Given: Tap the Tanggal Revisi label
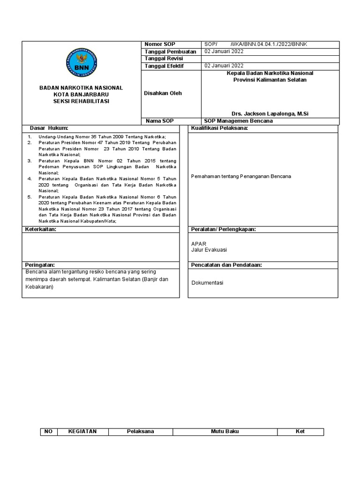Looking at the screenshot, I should pyautogui.click(x=164, y=59).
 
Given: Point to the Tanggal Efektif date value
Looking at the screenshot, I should pyautogui.click(x=224, y=66).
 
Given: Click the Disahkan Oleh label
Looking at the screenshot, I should pyautogui.click(x=163, y=93).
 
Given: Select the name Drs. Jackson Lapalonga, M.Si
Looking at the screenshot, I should pyautogui.click(x=270, y=114).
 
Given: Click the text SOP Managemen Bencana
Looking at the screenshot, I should pyautogui.click(x=239, y=121).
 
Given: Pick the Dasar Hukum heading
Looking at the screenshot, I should pyautogui.click(x=49, y=128).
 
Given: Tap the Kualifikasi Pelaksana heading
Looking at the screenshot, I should pyautogui.click(x=219, y=128).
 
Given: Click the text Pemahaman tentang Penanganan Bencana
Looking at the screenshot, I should pyautogui.click(x=241, y=176).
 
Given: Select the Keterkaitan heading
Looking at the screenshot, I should pyautogui.click(x=40, y=229).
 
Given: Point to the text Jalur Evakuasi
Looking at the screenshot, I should pyautogui.click(x=209, y=250).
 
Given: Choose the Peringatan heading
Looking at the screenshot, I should pyautogui.click(x=40, y=265).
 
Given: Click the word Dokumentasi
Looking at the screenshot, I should pyautogui.click(x=207, y=283).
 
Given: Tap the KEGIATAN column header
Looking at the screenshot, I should pyautogui.click(x=82, y=431).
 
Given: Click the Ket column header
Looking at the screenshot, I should pyautogui.click(x=300, y=431).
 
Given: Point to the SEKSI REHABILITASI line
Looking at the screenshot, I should pyautogui.click(x=81, y=101).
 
